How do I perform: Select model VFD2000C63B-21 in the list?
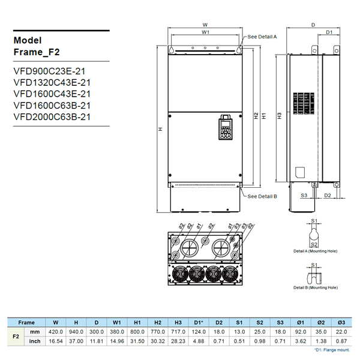click(52, 117)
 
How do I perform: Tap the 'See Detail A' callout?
click(262, 37)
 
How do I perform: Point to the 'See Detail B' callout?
click(262, 196)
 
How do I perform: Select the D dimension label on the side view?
click(313, 25)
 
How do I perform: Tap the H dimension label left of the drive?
click(160, 129)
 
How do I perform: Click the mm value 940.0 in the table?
click(76, 331)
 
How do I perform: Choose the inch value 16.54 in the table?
click(56, 341)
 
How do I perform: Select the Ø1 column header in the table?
click(300, 322)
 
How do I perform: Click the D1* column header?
click(199, 322)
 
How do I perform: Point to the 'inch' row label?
click(35, 341)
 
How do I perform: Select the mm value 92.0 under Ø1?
click(300, 331)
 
